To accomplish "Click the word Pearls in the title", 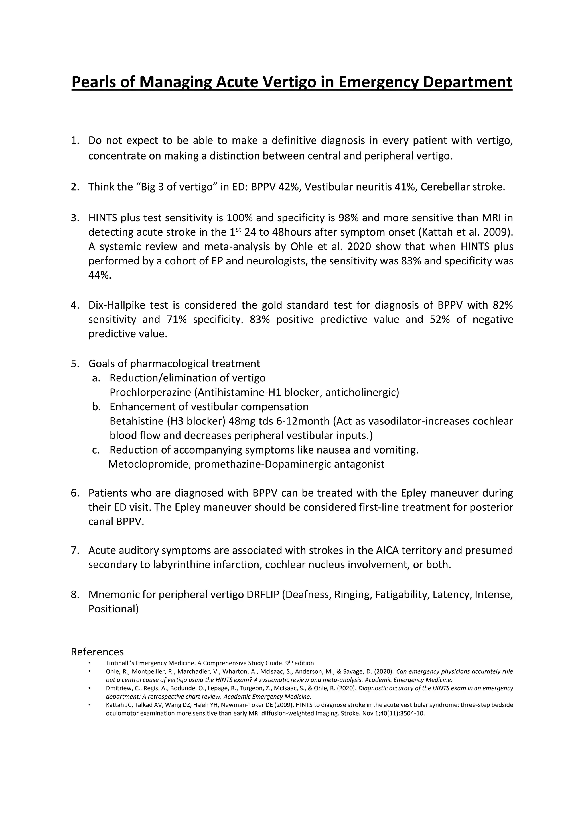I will [94, 82].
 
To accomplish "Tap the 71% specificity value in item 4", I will [177, 319].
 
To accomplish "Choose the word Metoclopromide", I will [149, 464].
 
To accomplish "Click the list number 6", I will [74, 493].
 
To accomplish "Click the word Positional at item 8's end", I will [112, 609].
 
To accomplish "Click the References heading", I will [97, 652].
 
